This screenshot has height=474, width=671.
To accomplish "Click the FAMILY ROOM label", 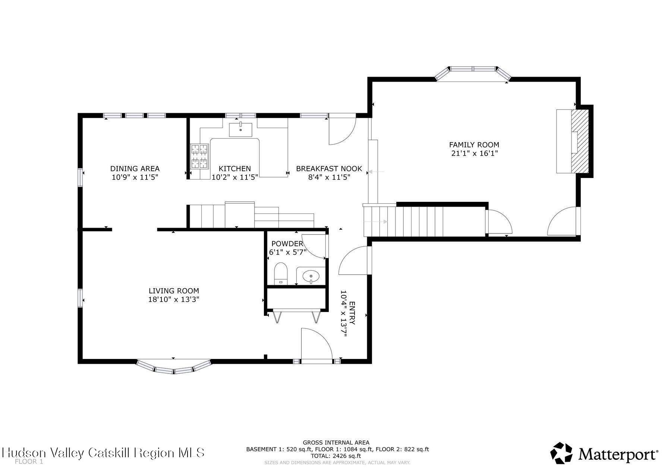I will (x=474, y=145).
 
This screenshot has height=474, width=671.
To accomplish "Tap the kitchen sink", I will (x=240, y=130).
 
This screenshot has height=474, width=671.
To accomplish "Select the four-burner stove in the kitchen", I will (x=199, y=156).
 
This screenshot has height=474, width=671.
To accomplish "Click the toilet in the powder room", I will (x=281, y=273).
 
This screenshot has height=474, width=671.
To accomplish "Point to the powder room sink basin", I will (x=311, y=277).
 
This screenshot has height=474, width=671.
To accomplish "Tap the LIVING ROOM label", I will (x=174, y=291).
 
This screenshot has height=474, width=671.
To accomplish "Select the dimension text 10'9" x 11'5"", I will (x=135, y=177).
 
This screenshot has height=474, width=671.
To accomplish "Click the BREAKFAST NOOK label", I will (x=329, y=169).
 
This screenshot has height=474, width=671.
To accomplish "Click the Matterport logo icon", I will (x=561, y=453).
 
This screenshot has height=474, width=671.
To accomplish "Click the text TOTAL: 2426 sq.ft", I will (x=337, y=456).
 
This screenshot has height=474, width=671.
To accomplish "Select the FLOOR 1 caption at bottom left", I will (x=29, y=462).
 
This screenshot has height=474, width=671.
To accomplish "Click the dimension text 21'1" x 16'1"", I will (x=474, y=153).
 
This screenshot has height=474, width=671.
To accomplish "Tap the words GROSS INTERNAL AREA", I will (x=336, y=442).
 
